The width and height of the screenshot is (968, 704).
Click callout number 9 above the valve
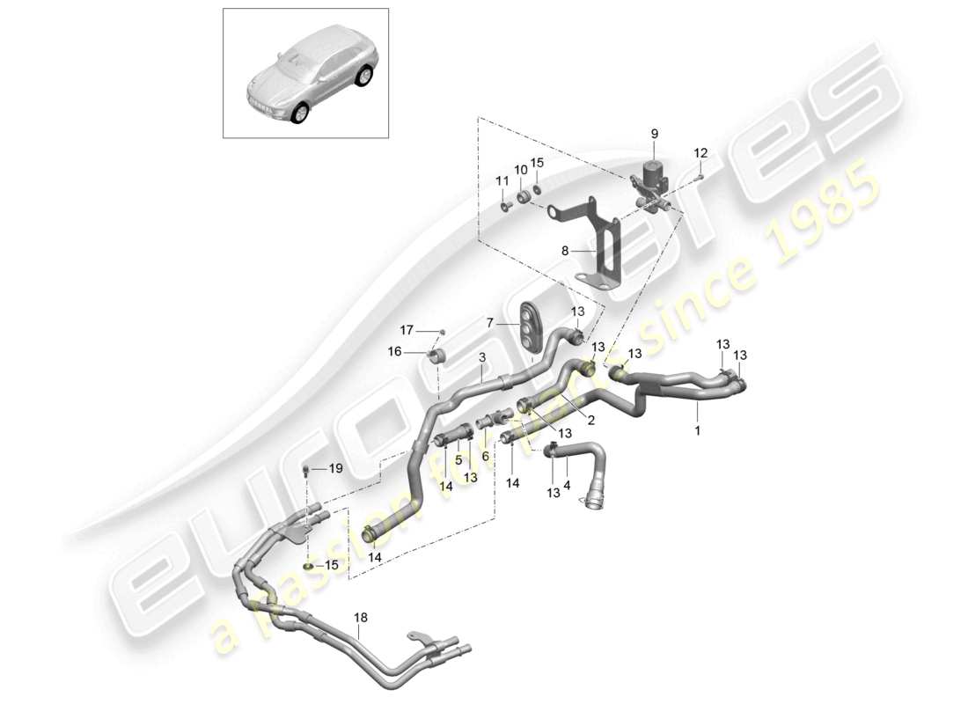(x=654, y=134)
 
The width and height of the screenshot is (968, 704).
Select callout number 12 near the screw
(x=700, y=153)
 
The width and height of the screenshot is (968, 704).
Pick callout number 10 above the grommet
(x=521, y=170)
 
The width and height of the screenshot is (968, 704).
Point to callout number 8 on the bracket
(x=566, y=251)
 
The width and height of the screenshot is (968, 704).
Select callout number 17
(x=407, y=330)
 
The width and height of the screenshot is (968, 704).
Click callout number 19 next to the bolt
(x=334, y=469)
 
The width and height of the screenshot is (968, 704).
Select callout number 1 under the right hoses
(x=699, y=431)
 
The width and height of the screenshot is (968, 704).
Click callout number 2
(x=591, y=421)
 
